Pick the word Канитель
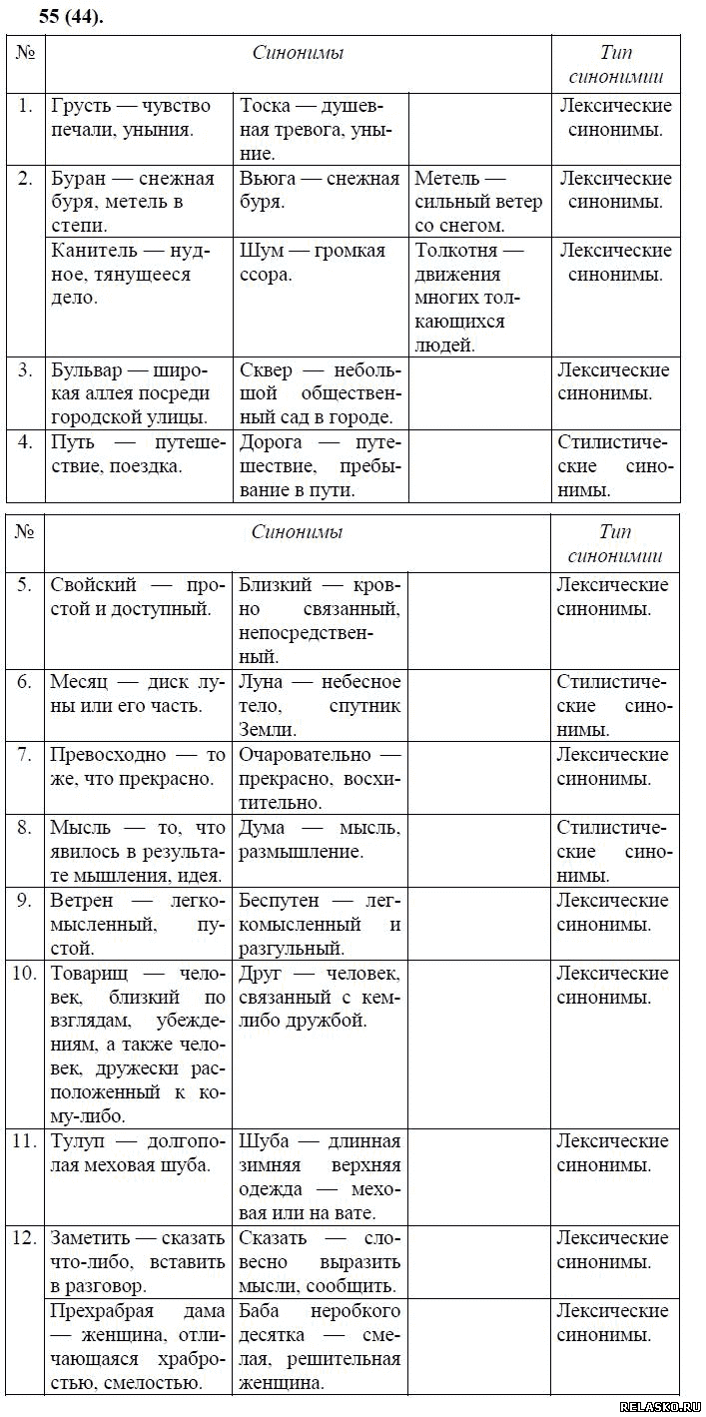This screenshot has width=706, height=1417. (93, 251)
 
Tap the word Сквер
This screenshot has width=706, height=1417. (266, 370)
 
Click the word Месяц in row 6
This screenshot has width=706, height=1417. (79, 682)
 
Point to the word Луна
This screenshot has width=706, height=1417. (262, 682)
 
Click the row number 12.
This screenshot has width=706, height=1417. (25, 1238)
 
